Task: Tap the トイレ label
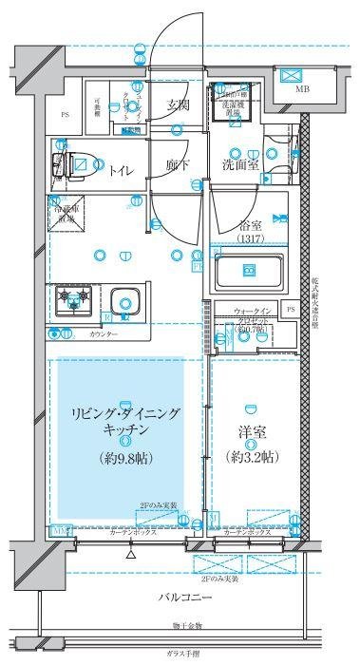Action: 121,171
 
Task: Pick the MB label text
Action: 303,90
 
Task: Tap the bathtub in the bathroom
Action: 250,273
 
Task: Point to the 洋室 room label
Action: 253,432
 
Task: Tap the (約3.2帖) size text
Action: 253,457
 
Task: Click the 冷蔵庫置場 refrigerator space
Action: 66,212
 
